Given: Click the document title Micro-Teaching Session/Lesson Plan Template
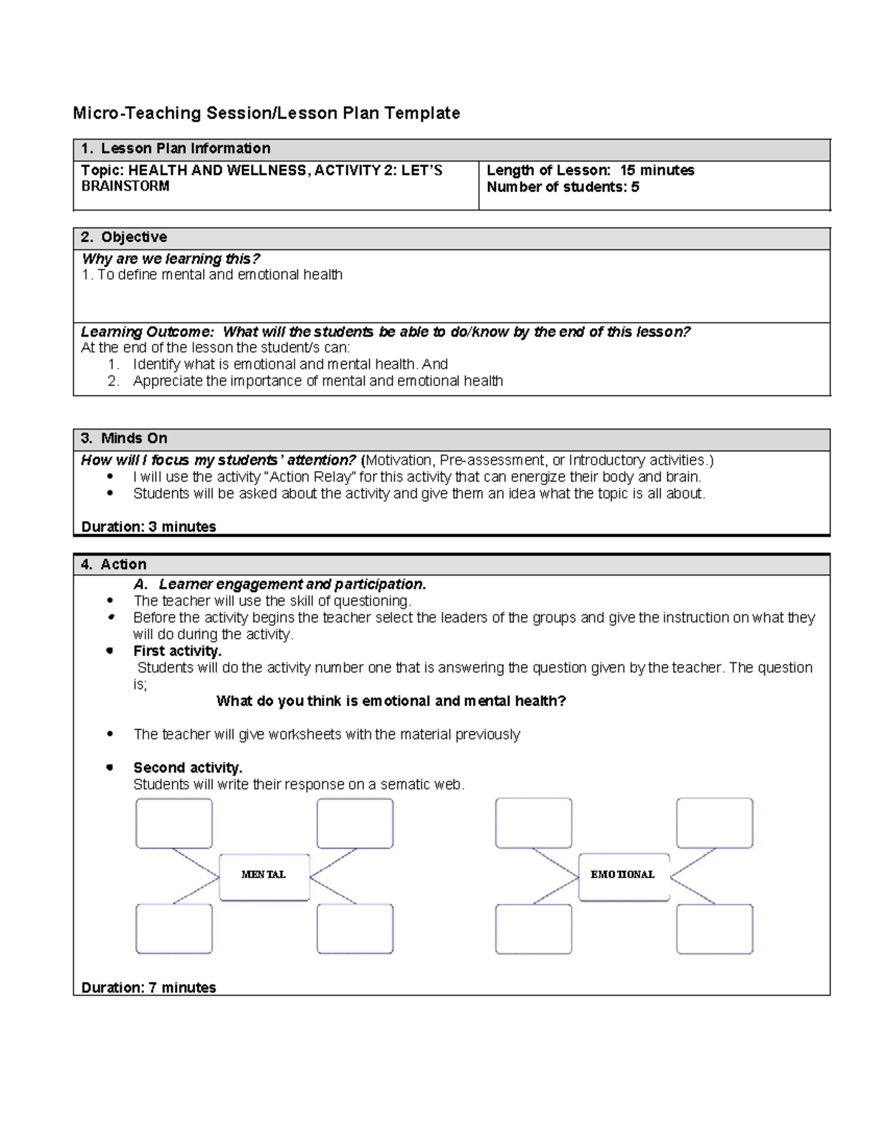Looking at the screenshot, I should (266, 113).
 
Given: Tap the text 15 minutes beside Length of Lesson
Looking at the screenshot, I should (657, 170).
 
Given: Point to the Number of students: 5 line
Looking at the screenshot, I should (563, 187).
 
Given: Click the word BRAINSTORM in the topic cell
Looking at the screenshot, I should (125, 186).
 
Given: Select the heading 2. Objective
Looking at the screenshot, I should (124, 237).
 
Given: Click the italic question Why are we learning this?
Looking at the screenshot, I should (171, 258).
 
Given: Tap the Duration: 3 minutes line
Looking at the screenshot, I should (148, 527).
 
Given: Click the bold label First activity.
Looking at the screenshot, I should (177, 651).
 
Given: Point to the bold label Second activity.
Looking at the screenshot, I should (188, 767).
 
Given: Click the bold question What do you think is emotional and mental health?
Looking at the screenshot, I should (391, 701).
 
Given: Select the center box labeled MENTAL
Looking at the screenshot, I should (264, 877).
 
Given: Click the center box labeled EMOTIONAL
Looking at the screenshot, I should (623, 877).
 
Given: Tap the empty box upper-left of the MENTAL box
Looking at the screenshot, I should (174, 823).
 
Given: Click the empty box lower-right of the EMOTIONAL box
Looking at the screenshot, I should (714, 929).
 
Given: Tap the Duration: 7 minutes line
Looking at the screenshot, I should (148, 987).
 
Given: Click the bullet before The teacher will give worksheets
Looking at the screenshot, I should (110, 733).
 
